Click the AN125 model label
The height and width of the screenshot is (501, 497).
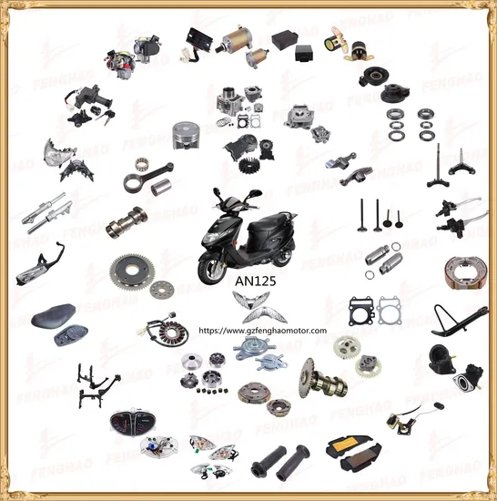coord(248,282)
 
